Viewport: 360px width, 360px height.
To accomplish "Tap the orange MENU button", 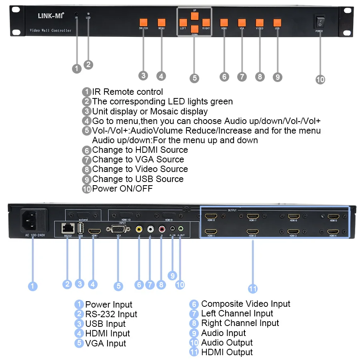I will point(162,22).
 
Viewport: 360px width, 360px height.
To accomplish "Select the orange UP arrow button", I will point(194,16).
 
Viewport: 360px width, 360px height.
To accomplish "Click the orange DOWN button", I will point(194,29).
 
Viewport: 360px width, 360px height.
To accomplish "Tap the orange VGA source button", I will point(242,22).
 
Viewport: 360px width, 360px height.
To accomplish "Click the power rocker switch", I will point(320,22).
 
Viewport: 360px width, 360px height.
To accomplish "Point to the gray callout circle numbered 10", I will point(320,79).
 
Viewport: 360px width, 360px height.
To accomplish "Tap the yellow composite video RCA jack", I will point(139,229).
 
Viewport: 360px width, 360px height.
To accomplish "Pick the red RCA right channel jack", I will point(162,229).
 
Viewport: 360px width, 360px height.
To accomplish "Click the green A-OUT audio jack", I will point(181,229).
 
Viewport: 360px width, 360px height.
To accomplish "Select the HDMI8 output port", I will point(211,217).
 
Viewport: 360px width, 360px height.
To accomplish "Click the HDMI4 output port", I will point(333,232).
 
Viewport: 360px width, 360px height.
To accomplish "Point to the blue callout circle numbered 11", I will point(252,288).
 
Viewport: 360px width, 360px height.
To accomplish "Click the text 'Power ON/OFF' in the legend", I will point(122,188).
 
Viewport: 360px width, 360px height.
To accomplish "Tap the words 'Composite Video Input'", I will point(246,304).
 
